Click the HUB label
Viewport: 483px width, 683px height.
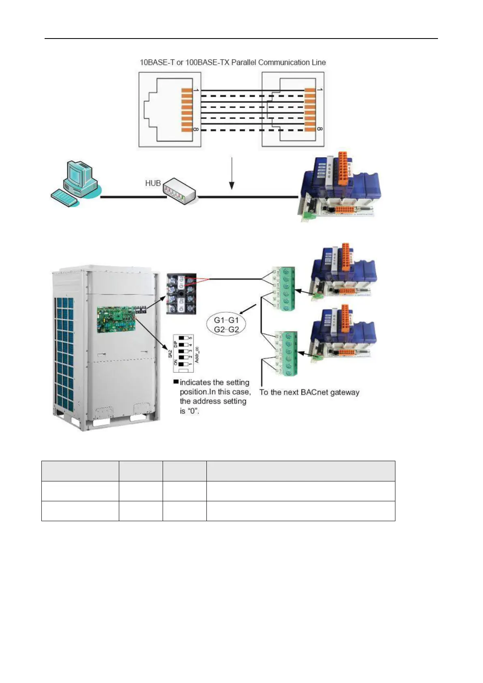153,183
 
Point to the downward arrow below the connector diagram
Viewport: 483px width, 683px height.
232,173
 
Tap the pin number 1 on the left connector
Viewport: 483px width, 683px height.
196,89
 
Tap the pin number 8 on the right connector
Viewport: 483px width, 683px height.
319,129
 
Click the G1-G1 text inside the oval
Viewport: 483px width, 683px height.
226,320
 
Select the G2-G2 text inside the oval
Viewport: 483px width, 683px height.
226,330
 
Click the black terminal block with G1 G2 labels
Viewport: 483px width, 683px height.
181,293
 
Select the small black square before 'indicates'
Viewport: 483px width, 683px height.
176,382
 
